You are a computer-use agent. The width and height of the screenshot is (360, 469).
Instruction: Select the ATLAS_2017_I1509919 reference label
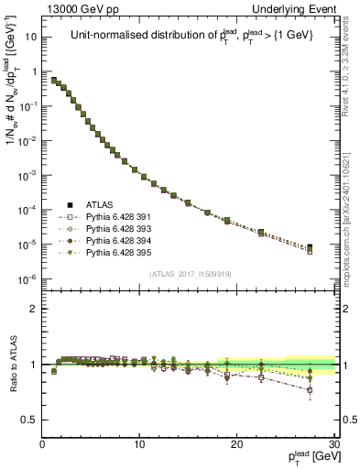pos(191,272)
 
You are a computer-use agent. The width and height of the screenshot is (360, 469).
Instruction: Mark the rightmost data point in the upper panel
pos(311,247)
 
